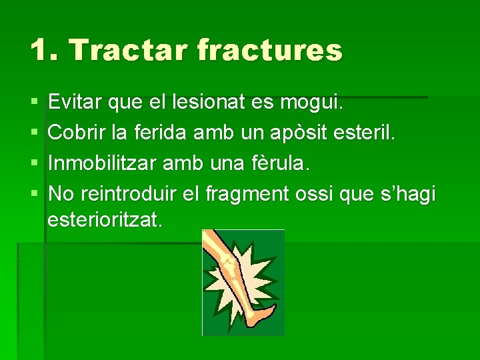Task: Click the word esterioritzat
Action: click(x=105, y=220)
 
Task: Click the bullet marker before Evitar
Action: click(x=33, y=104)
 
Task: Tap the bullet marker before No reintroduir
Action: click(x=33, y=195)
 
